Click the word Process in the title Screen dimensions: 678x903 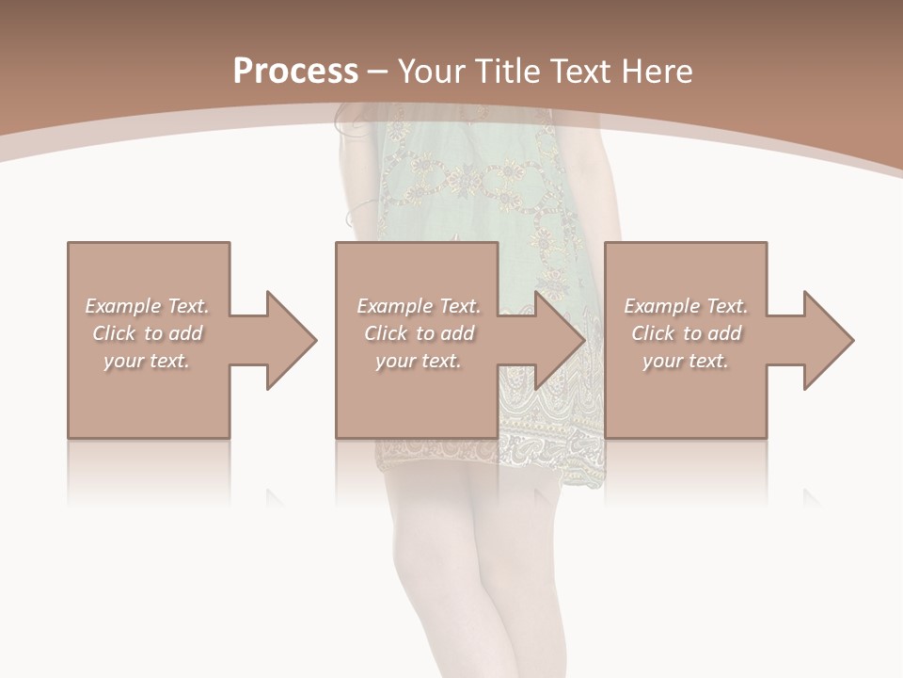(x=295, y=71)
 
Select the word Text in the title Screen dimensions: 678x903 (x=581, y=71)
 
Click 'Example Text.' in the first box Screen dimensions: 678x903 (x=148, y=306)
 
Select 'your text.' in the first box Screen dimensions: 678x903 (x=148, y=361)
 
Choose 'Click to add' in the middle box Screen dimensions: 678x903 (x=419, y=333)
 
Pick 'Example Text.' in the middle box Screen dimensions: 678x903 (x=419, y=306)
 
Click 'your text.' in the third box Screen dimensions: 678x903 (x=686, y=361)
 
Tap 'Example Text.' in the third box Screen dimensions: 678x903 (x=686, y=306)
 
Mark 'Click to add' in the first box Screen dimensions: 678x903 (x=148, y=333)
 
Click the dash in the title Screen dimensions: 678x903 (x=378, y=72)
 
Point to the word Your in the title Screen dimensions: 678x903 (x=429, y=71)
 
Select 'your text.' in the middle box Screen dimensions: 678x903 (x=419, y=361)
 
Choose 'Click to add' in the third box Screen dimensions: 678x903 (x=686, y=333)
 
